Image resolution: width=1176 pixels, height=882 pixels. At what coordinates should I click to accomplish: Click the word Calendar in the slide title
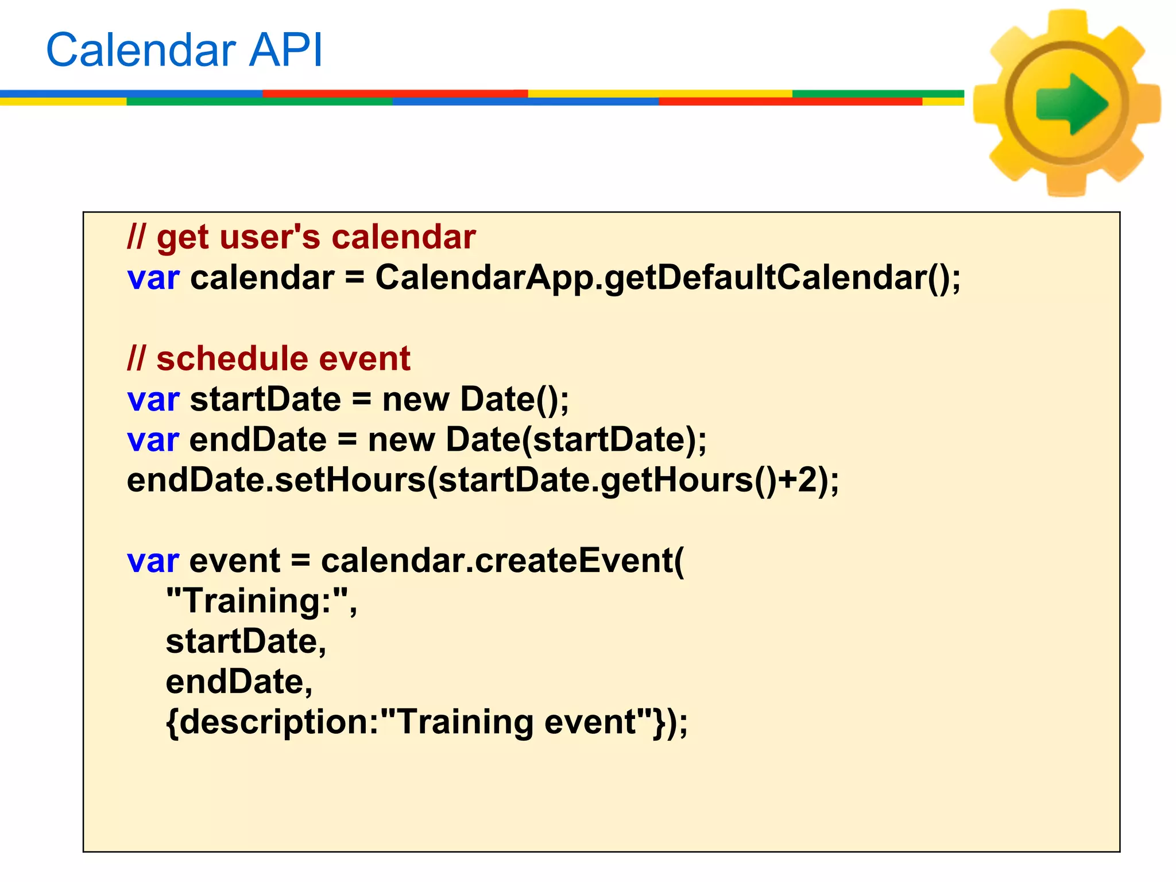point(141,50)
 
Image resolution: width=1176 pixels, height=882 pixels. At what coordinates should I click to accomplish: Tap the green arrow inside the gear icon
point(1071,104)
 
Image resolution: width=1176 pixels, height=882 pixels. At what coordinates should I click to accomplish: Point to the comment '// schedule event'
point(269,358)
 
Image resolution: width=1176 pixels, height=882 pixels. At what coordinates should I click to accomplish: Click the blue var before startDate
point(153,399)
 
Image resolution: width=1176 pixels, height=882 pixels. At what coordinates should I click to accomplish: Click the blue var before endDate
point(153,440)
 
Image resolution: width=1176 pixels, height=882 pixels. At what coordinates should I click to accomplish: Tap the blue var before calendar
point(153,278)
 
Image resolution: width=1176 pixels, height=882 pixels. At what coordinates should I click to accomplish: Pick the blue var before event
point(153,560)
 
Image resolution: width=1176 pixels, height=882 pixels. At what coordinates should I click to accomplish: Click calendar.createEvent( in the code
point(502,560)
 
